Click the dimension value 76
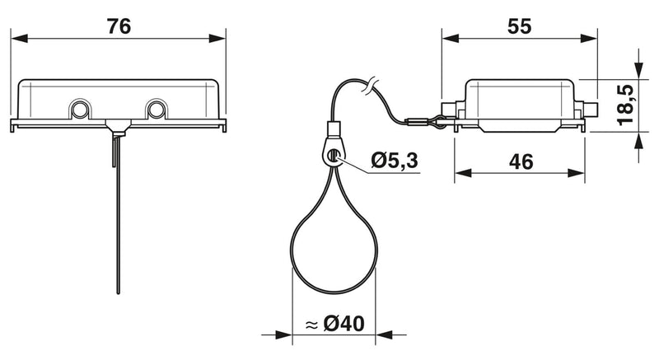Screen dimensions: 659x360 (119, 26)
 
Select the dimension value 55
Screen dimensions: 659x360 (520, 26)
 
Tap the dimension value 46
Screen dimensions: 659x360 (521, 161)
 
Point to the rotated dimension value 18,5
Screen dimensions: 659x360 (625, 105)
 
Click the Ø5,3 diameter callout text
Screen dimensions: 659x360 (395, 160)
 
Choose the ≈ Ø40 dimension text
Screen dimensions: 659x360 (335, 324)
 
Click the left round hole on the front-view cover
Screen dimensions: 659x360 (79, 110)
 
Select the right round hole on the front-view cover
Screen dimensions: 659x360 (156, 110)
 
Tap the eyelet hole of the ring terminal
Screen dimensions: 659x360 (334, 155)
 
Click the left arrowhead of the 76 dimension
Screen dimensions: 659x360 (19, 39)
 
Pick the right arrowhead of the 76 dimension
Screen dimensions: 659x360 (217, 39)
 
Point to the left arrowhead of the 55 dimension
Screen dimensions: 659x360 (451, 39)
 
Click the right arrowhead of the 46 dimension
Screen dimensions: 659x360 (576, 173)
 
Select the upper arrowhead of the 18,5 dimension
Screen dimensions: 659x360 (639, 70)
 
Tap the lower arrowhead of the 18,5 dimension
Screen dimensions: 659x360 (639, 141)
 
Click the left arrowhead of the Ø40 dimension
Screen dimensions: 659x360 (283, 334)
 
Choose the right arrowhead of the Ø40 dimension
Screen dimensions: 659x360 (384, 334)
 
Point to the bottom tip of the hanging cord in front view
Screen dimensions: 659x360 (118, 292)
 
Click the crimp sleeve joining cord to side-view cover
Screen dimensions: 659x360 (416, 123)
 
